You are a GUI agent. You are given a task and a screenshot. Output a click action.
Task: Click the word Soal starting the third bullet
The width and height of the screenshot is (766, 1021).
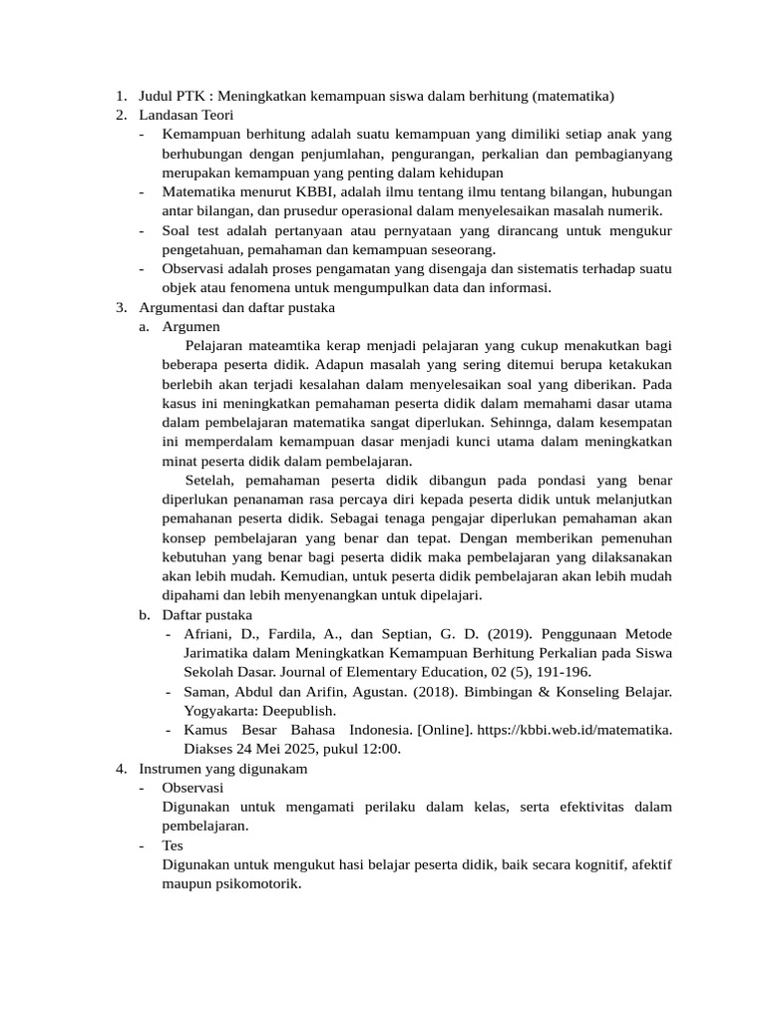click(176, 230)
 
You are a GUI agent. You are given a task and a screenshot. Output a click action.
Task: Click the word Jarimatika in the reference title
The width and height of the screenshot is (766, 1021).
click(216, 653)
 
